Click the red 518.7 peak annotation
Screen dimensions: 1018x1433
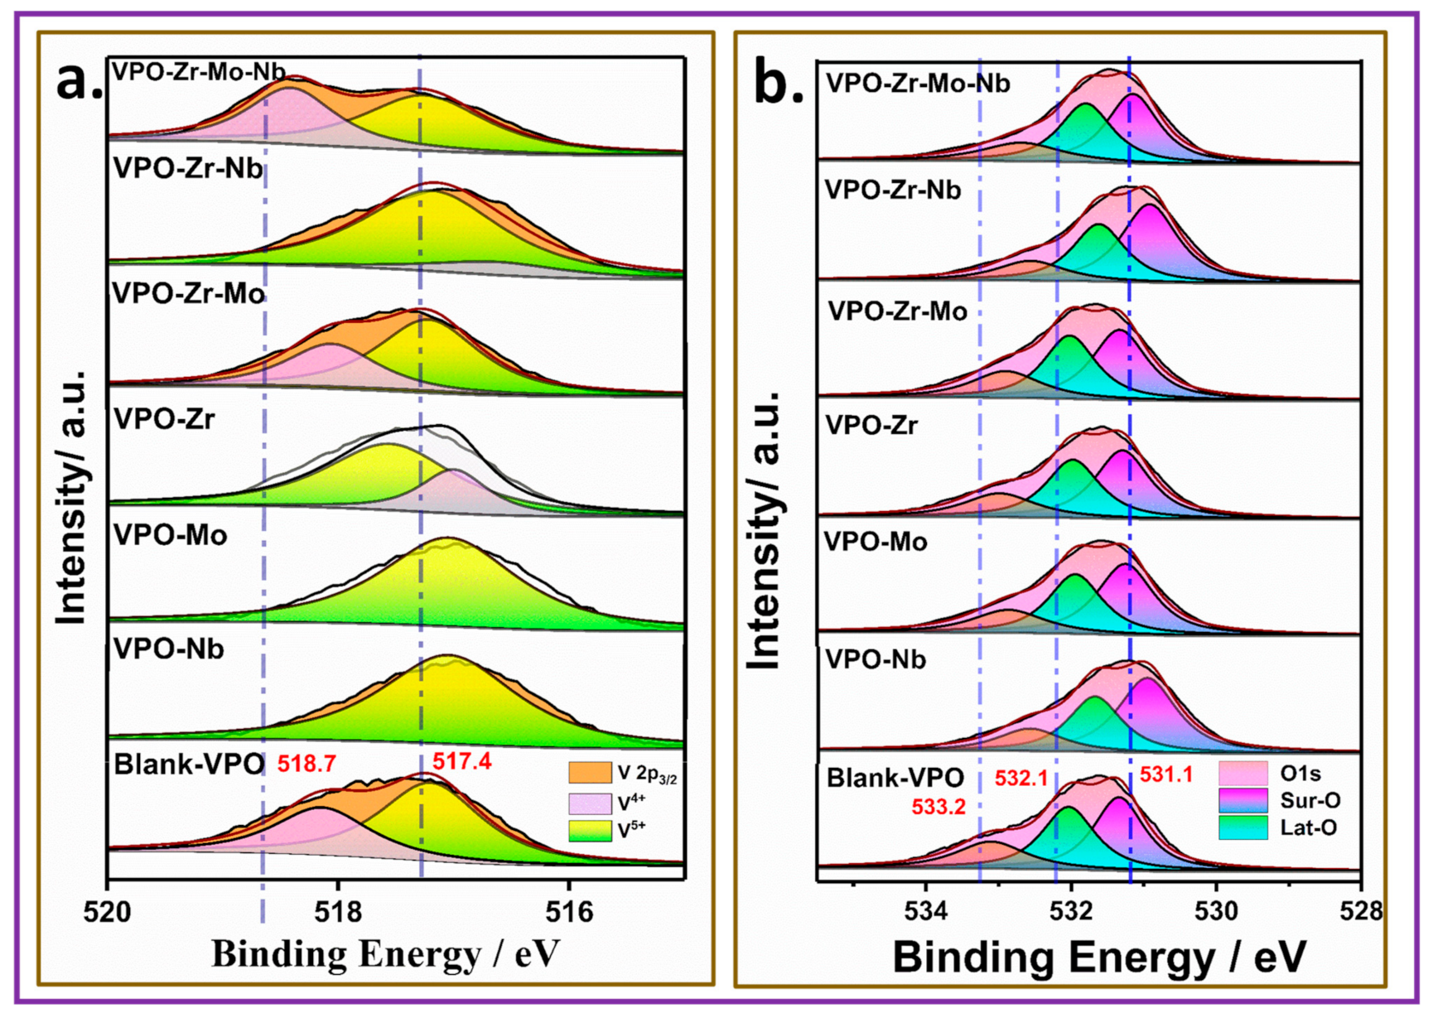[306, 764]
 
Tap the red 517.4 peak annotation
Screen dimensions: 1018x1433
[461, 761]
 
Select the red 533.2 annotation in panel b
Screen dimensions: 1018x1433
[938, 807]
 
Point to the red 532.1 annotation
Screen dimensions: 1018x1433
[1021, 779]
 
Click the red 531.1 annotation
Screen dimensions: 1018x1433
[1166, 774]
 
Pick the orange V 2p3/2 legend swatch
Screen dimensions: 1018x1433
[590, 773]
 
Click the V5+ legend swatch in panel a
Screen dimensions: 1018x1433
[590, 829]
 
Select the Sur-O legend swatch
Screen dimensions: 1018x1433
[1242, 800]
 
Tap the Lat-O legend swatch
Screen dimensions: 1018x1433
[1242, 827]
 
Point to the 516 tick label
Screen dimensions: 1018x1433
[569, 912]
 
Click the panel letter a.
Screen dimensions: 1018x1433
[79, 81]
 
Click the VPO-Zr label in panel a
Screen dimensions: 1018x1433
[164, 419]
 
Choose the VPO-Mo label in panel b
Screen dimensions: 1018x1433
[876, 543]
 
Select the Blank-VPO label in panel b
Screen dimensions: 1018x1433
[895, 778]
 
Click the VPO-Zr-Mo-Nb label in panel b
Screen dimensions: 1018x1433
[918, 84]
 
